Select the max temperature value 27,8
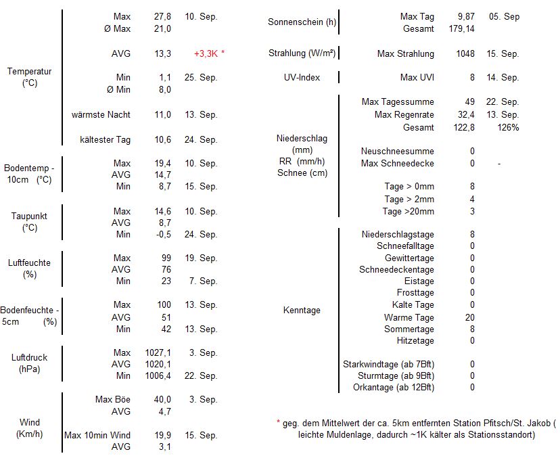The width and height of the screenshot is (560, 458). point(162,16)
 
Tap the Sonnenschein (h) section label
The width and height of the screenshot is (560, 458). point(302,22)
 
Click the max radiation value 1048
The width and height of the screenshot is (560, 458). point(465,53)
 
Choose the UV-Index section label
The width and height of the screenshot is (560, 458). point(302,78)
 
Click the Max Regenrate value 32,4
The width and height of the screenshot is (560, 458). point(465,114)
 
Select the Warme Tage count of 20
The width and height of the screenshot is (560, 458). point(470,317)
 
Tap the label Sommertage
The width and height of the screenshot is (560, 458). point(409,329)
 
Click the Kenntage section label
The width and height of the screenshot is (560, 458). point(302,311)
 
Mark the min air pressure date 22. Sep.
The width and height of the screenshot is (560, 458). point(200,375)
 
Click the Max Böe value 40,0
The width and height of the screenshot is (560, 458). point(162,399)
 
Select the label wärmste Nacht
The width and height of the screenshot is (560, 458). point(101,114)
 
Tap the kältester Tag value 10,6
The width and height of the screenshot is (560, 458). point(162,139)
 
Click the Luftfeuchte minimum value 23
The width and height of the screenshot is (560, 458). point(166,281)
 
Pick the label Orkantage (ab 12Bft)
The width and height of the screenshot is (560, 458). point(394,387)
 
